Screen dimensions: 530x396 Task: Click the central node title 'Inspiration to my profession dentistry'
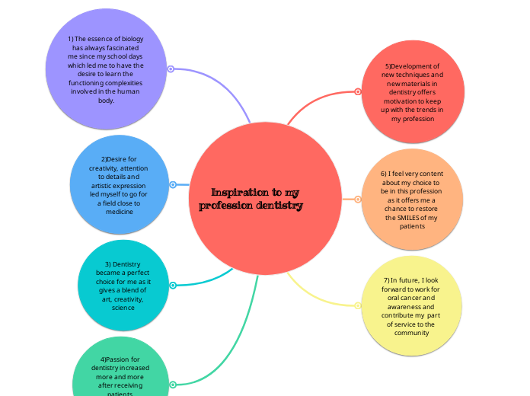pos(251,199)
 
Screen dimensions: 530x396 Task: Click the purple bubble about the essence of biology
pos(106,69)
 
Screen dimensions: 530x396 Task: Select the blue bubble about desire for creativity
pos(120,185)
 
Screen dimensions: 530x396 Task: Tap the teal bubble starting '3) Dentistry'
pos(123,286)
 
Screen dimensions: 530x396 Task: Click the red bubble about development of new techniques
pos(412,92)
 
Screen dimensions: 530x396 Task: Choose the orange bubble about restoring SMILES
pos(412,200)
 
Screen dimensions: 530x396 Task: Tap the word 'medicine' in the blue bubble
pos(120,212)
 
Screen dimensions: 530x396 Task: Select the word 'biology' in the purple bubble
pos(130,38)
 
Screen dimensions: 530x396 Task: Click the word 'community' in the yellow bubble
pos(411,333)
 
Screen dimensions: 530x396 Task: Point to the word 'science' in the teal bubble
pos(123,308)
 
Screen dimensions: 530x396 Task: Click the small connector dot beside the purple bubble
pos(171,69)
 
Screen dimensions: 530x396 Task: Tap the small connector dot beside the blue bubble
pos(174,184)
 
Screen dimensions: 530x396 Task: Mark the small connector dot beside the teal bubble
pos(173,286)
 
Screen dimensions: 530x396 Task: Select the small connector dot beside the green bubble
pos(173,385)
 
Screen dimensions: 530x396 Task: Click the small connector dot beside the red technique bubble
pos(358,92)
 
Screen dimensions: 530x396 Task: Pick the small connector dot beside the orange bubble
pos(358,200)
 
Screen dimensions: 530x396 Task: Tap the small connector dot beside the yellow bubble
pos(358,305)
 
